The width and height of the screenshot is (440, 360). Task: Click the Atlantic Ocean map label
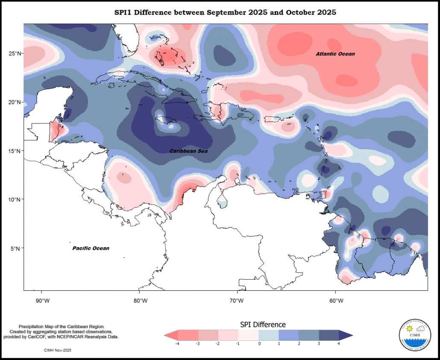[x=335, y=54]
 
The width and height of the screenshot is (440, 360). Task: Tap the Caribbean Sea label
[x=188, y=151]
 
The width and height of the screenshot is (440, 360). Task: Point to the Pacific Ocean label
[x=91, y=248]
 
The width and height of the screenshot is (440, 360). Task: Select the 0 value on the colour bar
[x=259, y=343]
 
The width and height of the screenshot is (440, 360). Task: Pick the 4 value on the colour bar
[x=339, y=343]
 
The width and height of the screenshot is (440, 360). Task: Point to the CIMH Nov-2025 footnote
[x=58, y=350]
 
